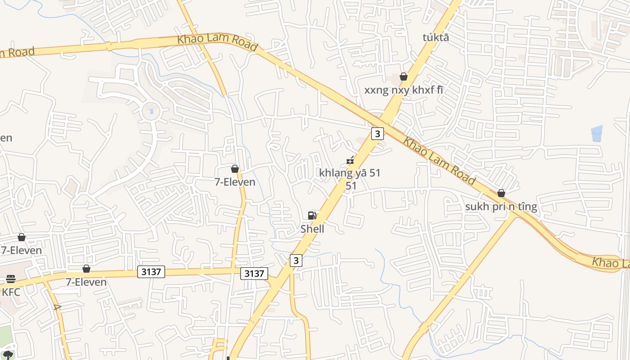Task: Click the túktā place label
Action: point(436,37)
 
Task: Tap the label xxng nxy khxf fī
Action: point(404,90)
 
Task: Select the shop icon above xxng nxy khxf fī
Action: point(404,76)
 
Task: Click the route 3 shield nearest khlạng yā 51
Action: point(378,133)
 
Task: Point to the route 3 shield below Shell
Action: point(296,260)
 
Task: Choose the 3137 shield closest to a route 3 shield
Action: point(254,273)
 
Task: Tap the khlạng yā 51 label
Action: point(350,173)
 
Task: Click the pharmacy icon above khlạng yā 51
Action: point(350,160)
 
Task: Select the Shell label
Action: point(312,229)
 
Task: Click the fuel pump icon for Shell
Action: point(312,216)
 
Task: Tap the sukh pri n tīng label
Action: point(501,207)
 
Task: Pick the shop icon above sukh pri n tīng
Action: point(501,193)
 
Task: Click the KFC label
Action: point(11,292)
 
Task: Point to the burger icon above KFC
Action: point(11,279)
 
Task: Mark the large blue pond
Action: point(597,134)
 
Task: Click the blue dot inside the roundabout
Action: point(151,111)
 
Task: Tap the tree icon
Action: point(8,355)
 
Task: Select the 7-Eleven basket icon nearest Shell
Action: point(234,169)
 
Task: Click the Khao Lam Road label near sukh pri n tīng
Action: point(439,161)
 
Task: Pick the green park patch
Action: point(4,335)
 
